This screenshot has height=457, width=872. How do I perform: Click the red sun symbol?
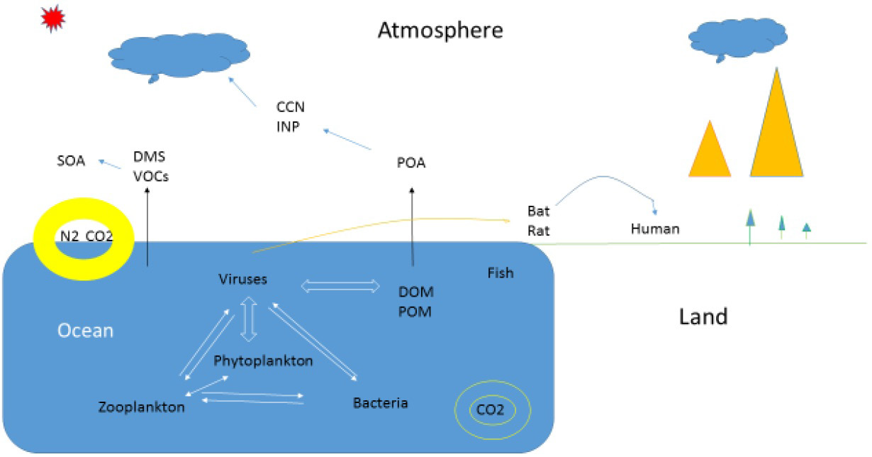pyautogui.click(x=52, y=21)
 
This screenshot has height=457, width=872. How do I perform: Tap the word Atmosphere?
pyautogui.click(x=440, y=31)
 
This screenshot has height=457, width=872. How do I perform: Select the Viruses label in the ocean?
pyautogui.click(x=243, y=279)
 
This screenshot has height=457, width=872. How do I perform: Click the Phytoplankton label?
pyautogui.click(x=263, y=360)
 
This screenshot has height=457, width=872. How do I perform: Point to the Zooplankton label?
pyautogui.click(x=142, y=407)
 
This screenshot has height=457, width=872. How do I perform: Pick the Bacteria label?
pyautogui.click(x=380, y=403)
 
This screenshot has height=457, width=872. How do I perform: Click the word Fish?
pyautogui.click(x=501, y=272)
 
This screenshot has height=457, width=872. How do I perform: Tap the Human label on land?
pyautogui.click(x=655, y=228)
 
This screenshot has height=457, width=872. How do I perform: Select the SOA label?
pyautogui.click(x=71, y=161)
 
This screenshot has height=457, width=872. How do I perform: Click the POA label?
pyautogui.click(x=411, y=164)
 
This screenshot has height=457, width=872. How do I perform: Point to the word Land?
pyautogui.click(x=703, y=316)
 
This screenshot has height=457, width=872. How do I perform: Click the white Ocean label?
pyautogui.click(x=85, y=331)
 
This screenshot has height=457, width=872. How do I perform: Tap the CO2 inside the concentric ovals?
pyautogui.click(x=491, y=409)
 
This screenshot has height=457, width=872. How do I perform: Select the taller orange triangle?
pyautogui.click(x=777, y=131)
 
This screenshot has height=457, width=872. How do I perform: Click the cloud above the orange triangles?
pyautogui.click(x=739, y=35)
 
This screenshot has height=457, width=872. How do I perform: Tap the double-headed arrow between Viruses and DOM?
pyautogui.click(x=342, y=285)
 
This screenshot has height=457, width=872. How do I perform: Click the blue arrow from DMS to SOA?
pyautogui.click(x=109, y=163)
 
